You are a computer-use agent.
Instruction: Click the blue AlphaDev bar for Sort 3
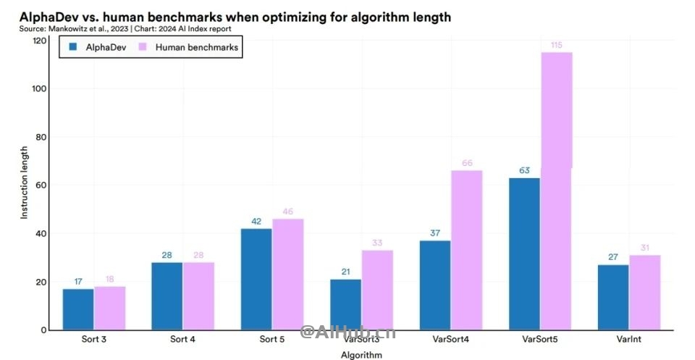(x=78, y=309)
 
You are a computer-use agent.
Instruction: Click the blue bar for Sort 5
(x=256, y=279)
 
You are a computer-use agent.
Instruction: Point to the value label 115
(x=556, y=45)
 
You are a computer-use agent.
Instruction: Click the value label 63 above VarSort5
(x=524, y=171)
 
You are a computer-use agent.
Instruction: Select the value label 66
(x=467, y=164)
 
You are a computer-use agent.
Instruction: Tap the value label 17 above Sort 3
(x=78, y=282)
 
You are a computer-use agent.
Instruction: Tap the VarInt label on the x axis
(x=628, y=338)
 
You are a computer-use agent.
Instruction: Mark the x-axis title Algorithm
(x=361, y=355)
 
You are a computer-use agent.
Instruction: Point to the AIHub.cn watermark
(x=348, y=332)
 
